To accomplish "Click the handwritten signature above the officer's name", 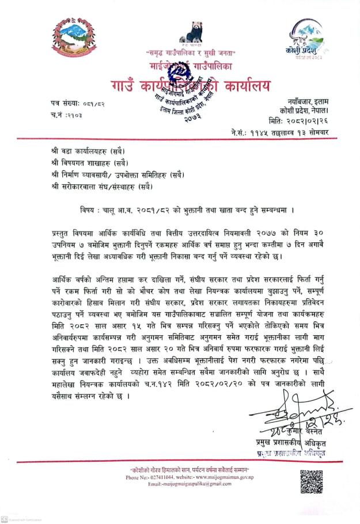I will [300, 411].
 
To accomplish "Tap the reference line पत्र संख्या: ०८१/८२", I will [77, 102].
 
